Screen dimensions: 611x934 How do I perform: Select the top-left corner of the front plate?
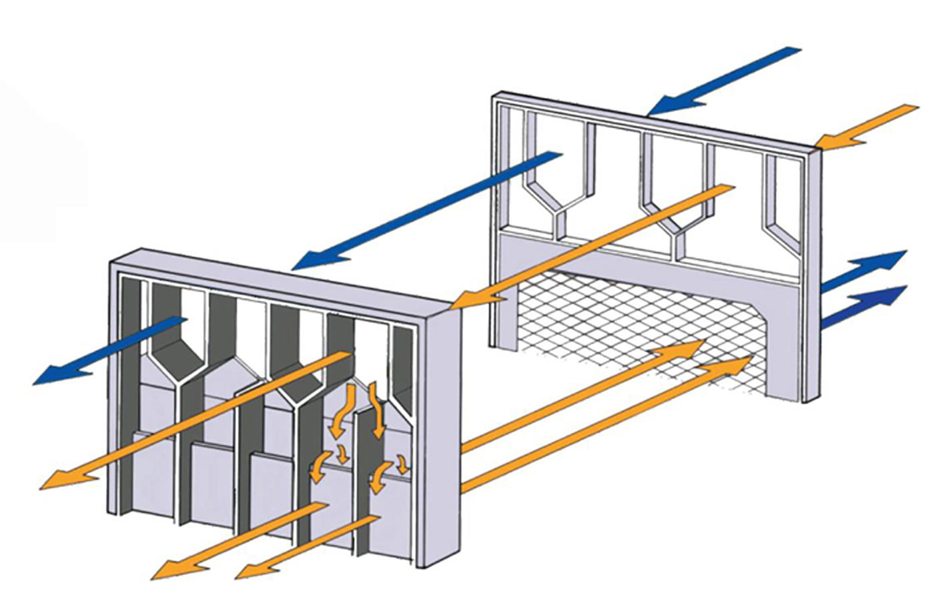click(113, 261)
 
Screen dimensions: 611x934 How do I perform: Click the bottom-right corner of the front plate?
click(420, 566)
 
